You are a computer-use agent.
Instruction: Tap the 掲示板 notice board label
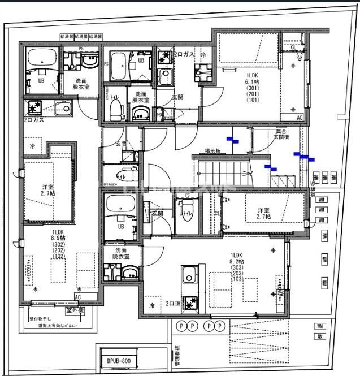[x=212, y=151]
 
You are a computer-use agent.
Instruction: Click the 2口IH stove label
[x=173, y=304]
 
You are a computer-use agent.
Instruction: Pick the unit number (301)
[x=251, y=87]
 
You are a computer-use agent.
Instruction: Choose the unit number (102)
[x=59, y=256]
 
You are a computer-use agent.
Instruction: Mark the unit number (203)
[x=237, y=273]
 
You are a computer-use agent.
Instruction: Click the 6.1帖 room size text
[x=251, y=81]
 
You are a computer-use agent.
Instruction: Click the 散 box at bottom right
[x=320, y=336]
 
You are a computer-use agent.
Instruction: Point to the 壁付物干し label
[x=41, y=319]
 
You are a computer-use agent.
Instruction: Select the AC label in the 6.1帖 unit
[x=299, y=118]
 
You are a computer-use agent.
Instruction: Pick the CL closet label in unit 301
[x=293, y=48]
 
